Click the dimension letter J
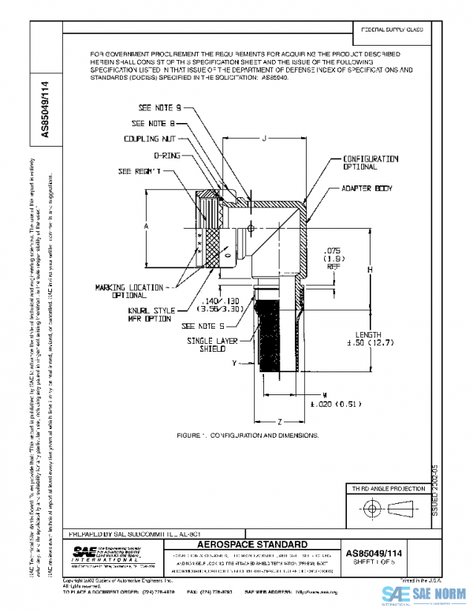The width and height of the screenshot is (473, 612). pyautogui.click(x=264, y=139)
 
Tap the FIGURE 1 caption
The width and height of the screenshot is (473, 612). pyautogui.click(x=248, y=435)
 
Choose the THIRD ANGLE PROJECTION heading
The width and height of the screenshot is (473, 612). pyautogui.click(x=386, y=490)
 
